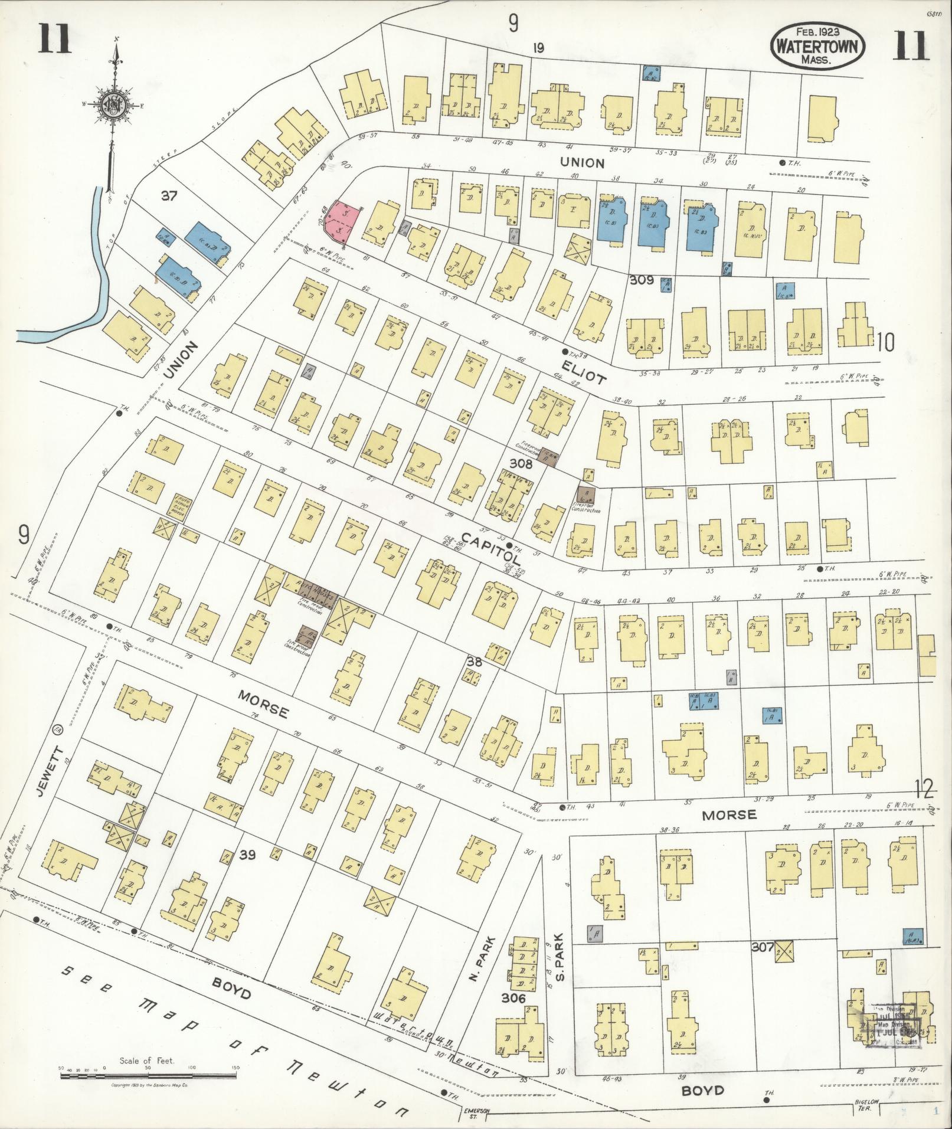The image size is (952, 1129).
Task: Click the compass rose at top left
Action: point(113,106)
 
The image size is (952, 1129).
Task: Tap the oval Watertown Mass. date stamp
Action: point(817,45)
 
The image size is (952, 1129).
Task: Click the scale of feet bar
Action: point(148,1076)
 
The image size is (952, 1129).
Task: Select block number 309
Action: point(642,280)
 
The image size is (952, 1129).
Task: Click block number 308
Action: point(521,464)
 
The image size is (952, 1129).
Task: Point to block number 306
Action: point(513,998)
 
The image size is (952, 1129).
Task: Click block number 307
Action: point(763,947)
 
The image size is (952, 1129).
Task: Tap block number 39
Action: point(247,854)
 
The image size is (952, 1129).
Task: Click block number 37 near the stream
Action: point(169,195)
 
